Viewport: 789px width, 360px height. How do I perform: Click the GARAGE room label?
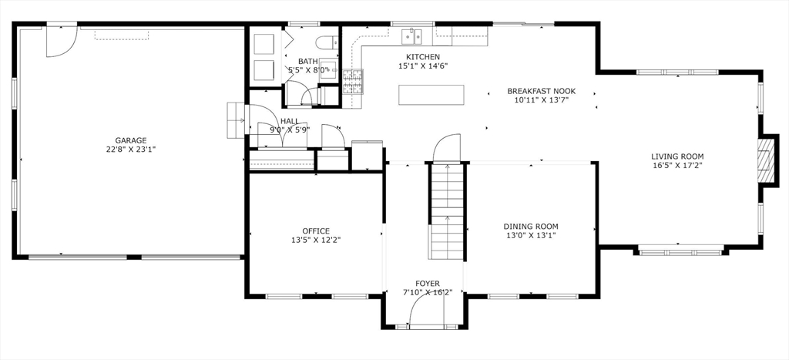[131, 140]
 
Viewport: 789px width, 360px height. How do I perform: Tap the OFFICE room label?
[316, 231]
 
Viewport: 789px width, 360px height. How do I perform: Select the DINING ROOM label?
[531, 227]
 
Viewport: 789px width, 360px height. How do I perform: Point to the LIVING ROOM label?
[677, 156]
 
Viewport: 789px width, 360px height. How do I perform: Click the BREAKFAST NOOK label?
[541, 91]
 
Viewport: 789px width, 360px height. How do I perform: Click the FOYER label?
[427, 284]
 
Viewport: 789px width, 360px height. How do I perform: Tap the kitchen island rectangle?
[431, 95]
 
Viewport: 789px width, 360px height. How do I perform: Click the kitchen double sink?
[411, 36]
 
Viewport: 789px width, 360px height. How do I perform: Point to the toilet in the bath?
[327, 43]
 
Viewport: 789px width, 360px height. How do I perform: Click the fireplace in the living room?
[765, 160]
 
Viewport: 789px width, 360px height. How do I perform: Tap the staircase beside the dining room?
[446, 211]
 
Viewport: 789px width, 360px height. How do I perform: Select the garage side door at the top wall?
[62, 40]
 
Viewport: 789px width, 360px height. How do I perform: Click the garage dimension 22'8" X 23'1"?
[131, 149]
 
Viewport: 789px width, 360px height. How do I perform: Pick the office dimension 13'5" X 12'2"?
[316, 240]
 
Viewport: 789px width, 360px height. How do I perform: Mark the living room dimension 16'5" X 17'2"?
[677, 165]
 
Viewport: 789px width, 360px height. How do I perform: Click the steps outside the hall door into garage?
[236, 120]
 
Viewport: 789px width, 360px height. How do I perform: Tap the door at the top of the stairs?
[447, 149]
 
